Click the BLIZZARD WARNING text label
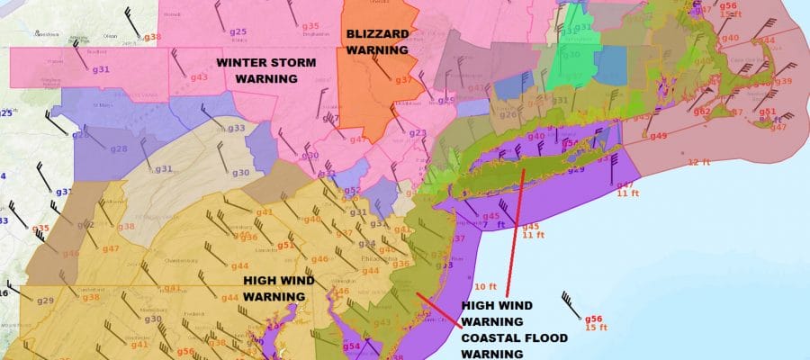[377, 42]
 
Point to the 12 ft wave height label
[698, 162]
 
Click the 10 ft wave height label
[486, 286]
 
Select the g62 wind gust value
[701, 112]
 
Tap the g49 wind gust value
[658, 136]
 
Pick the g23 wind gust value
[418, 133]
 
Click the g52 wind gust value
[352, 191]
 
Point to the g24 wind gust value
[367, 244]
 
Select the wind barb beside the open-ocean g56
[570, 301]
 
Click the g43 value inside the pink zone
[200, 77]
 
